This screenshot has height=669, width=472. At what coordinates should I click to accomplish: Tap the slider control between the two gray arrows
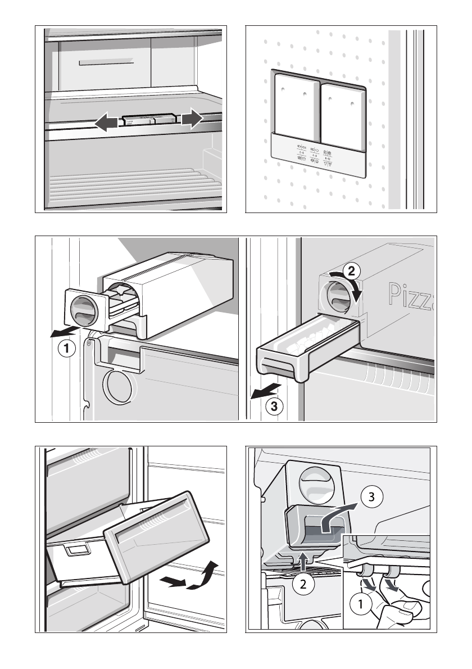tap(148, 120)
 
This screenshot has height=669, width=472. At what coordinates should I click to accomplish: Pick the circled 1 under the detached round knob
tap(67, 349)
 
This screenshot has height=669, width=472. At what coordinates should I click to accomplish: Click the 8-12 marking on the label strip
tap(328, 159)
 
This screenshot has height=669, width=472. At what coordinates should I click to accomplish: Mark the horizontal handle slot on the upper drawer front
tap(98, 62)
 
